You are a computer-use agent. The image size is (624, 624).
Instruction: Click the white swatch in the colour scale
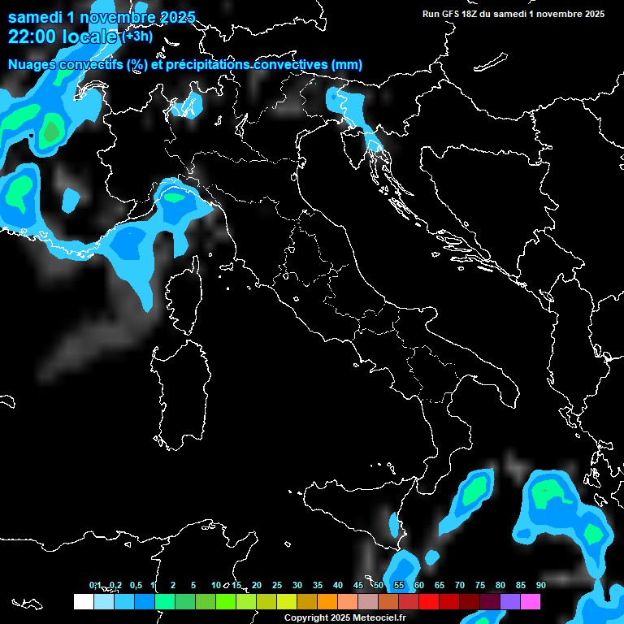(83, 601)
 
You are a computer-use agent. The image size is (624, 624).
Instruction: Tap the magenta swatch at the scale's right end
(531, 601)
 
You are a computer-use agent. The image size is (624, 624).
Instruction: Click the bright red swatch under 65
(429, 601)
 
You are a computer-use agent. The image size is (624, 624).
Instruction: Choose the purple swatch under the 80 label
(510, 601)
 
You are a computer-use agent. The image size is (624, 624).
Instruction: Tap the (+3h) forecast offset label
(137, 36)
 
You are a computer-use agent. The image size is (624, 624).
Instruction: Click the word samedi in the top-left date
(36, 16)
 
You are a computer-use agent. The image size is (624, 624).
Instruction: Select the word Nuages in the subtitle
(32, 65)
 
